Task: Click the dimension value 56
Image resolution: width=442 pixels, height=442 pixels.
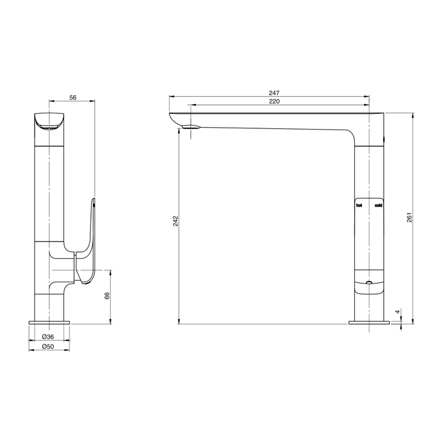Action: [x=73, y=98]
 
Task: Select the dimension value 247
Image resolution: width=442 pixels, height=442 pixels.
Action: [x=274, y=94]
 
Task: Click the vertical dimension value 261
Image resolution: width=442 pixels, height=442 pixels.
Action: [x=409, y=217]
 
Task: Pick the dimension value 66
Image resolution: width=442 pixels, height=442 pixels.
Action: [x=107, y=296]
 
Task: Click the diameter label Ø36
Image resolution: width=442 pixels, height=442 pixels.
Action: [x=48, y=337]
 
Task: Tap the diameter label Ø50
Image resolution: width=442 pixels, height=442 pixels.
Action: [x=48, y=346]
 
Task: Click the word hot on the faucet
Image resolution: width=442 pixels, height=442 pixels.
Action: [x=359, y=206]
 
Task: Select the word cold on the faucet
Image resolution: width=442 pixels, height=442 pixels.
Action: [x=378, y=206]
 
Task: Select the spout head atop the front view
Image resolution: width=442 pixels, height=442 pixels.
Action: [x=50, y=122]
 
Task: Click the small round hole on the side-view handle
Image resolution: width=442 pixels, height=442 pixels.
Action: [x=370, y=282]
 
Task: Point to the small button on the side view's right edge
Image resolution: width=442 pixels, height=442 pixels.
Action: [x=384, y=138]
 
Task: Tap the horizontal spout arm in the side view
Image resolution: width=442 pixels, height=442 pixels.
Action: [x=275, y=122]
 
